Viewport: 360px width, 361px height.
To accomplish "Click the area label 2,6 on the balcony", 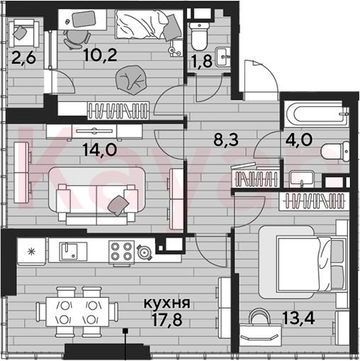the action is [x=23, y=58].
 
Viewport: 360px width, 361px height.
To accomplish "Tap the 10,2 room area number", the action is [x=100, y=55].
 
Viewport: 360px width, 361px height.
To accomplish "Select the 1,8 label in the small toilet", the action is [x=202, y=61].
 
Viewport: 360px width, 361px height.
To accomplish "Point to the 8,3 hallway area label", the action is [x=226, y=139].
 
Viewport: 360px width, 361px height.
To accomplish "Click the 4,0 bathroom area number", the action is [x=299, y=139].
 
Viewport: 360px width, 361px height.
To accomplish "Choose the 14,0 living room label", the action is [x=100, y=149].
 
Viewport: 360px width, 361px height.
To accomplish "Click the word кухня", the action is [x=167, y=303].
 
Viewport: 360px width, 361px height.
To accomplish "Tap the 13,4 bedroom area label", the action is [x=298, y=318].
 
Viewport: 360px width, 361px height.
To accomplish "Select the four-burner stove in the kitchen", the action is [x=121, y=252].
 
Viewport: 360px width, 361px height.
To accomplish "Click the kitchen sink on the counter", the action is [x=68, y=251].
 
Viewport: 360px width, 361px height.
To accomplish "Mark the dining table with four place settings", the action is [x=77, y=312].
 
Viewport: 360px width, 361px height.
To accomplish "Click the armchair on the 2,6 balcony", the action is [x=23, y=33].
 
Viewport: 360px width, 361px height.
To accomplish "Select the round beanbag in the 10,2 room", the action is [x=131, y=80].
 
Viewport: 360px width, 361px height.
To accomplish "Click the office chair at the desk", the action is [x=77, y=40].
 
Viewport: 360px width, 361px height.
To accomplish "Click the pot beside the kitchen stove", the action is [x=144, y=252].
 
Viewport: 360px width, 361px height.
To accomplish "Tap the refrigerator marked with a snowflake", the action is [x=31, y=251].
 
